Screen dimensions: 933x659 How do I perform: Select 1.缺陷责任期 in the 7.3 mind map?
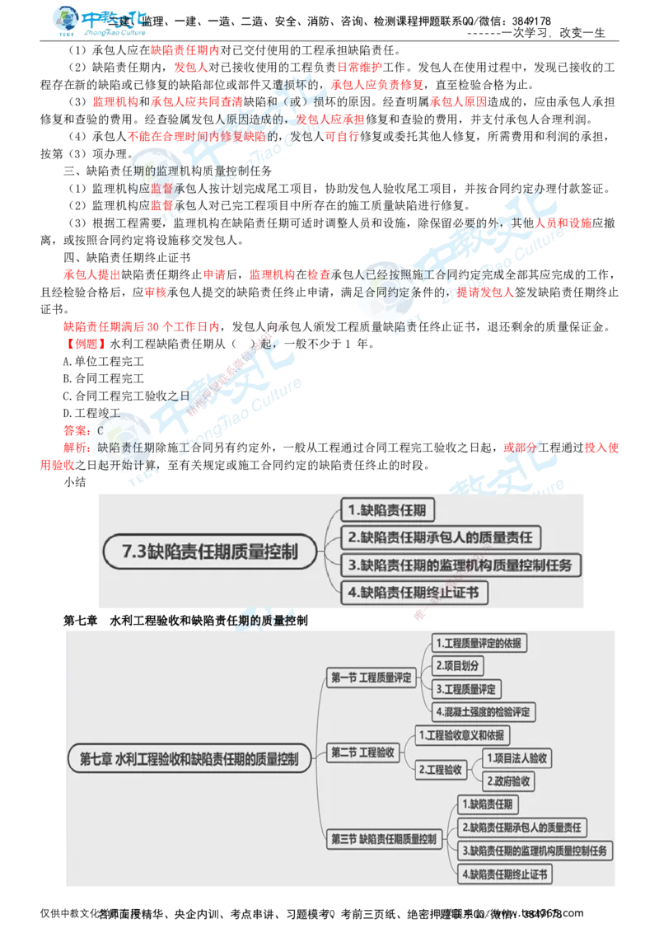[x=387, y=511]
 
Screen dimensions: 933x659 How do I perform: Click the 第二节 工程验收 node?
[x=362, y=752]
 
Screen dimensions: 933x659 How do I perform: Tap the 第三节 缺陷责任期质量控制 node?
[x=383, y=839]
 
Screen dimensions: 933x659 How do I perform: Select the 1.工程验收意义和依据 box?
[x=462, y=734]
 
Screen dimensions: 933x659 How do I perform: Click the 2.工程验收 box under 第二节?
[x=441, y=770]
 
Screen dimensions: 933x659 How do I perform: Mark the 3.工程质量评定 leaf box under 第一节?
[x=467, y=688]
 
